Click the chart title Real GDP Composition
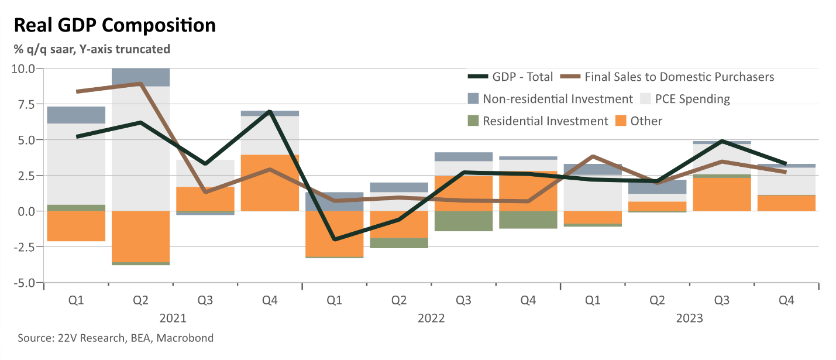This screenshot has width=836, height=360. (x=115, y=26)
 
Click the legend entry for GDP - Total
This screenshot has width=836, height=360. (x=511, y=77)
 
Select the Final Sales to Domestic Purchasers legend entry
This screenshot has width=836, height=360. (x=668, y=77)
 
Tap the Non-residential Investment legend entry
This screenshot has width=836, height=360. (x=551, y=98)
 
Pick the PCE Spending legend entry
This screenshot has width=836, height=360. (x=685, y=98)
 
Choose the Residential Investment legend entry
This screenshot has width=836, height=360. (x=538, y=121)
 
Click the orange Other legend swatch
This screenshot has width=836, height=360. (x=621, y=121)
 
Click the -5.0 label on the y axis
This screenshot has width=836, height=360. (x=24, y=283)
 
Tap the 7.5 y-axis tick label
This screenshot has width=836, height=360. (x=26, y=104)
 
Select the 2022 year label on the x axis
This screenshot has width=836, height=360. (x=431, y=318)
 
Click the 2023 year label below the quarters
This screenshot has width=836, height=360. (x=689, y=318)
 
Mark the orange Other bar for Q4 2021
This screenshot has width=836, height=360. (x=270, y=183)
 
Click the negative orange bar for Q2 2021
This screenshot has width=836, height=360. (x=141, y=236)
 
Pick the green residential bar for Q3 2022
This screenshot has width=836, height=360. (x=463, y=221)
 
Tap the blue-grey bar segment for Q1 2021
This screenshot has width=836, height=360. (x=76, y=115)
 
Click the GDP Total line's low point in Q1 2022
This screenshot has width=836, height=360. (x=335, y=239)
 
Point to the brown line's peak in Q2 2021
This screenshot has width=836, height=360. (x=141, y=84)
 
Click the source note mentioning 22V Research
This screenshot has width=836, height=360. (x=116, y=338)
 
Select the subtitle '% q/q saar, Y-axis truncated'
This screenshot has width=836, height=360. (x=92, y=49)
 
